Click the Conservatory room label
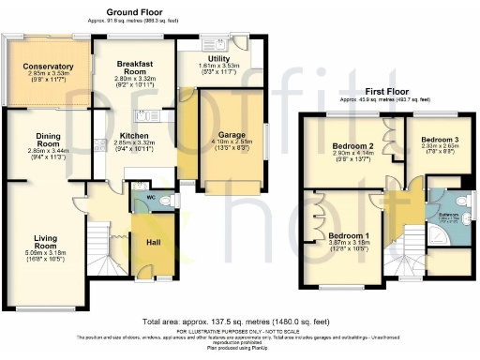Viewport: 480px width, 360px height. [49, 67]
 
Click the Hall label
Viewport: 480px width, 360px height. [152, 241]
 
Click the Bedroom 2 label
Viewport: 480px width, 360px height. [352, 145]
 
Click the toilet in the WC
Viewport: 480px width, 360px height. [170, 200]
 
